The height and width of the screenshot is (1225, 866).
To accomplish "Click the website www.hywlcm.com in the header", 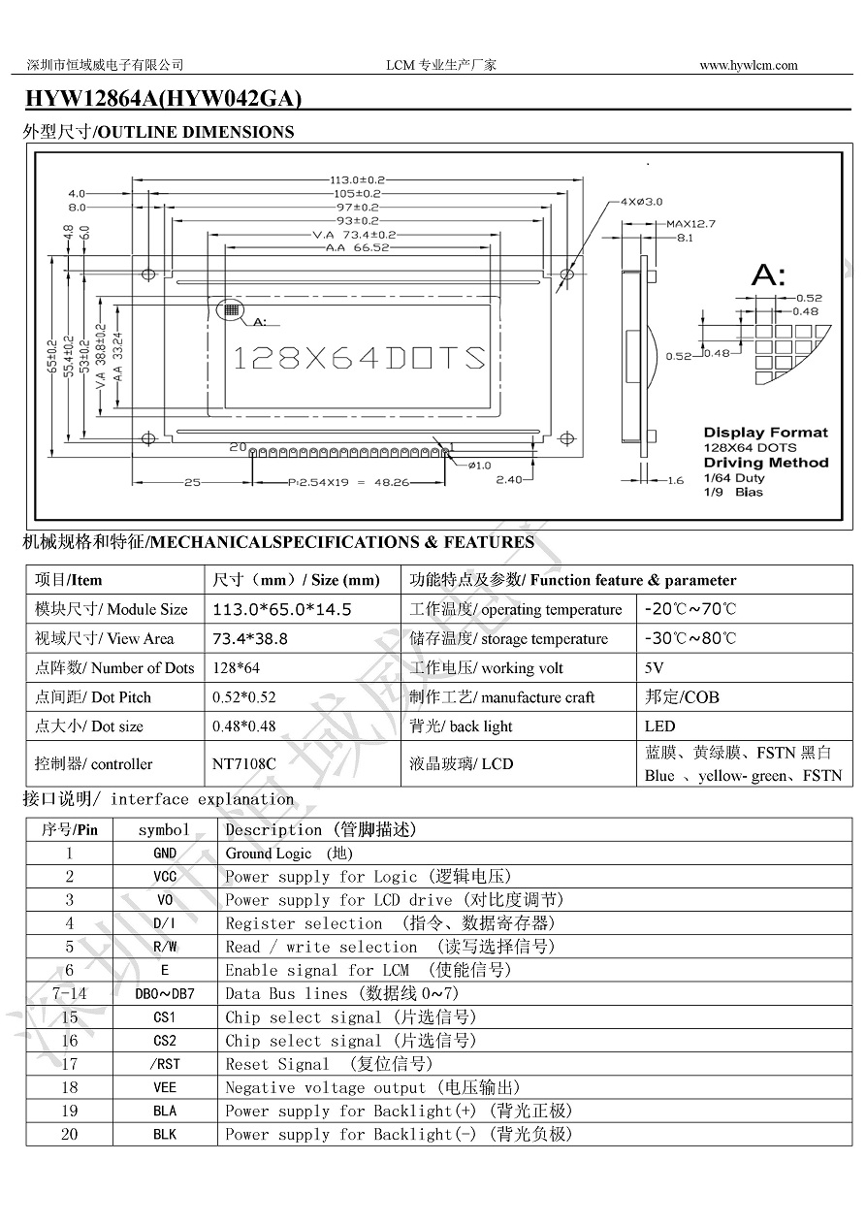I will pos(748,65).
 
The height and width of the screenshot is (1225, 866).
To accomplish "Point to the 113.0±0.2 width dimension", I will pos(358,179).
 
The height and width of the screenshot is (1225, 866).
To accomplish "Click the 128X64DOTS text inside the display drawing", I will pos(360,358).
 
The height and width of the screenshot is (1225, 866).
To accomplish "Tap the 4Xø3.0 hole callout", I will pos(641,202).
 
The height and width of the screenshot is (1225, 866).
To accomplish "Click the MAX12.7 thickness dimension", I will pos(690,224).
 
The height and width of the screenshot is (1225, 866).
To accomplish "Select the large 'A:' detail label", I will pos(769,275).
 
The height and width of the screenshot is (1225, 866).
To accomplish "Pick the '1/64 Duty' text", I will pos(734,477).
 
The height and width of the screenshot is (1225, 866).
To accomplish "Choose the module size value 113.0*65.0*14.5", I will pos(281,610).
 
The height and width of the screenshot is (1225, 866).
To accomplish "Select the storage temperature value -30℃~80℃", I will pos(690,639).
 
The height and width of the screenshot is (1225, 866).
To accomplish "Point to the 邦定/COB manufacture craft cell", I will pos(682,697).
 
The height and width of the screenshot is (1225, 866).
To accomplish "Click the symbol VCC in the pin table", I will pos(165,877).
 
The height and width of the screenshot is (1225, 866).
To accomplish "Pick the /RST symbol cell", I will pos(165,1064).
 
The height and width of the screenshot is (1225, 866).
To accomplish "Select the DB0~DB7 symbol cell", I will pos(165,994).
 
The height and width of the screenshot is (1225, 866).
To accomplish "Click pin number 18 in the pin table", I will pos(70,1087).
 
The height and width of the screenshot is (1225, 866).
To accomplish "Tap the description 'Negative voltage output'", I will pos(325,1088).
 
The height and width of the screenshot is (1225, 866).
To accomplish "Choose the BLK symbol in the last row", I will pos(165,1135).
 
